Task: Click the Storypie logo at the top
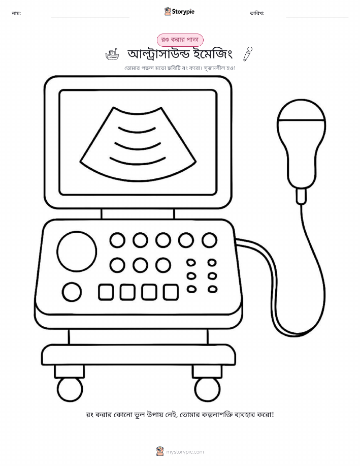179,12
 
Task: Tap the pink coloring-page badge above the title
180,40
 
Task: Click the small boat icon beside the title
112,54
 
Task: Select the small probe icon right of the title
248,54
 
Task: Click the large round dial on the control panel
77,252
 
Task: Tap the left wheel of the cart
70,389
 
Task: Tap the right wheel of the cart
207,389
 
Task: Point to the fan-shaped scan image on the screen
138,145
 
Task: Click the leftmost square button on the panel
106,292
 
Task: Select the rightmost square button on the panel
171,292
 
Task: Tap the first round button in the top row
117,240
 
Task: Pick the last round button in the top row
209,240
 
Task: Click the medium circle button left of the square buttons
72,292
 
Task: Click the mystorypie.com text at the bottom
185,452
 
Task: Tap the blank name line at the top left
90,17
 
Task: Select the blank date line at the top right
317,17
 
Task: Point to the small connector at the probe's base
301,196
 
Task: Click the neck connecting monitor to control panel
138,213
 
